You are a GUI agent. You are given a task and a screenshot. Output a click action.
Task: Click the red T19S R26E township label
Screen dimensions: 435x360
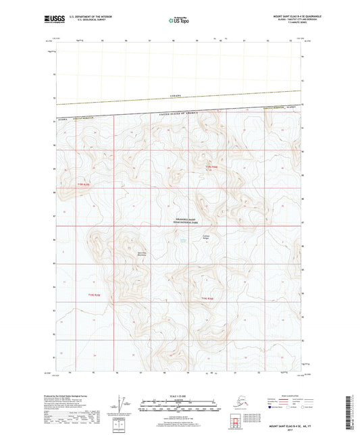tap(213, 166)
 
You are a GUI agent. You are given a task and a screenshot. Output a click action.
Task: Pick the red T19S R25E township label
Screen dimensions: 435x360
tap(83, 183)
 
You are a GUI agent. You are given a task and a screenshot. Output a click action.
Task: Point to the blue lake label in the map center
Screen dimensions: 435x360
tap(182, 240)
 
